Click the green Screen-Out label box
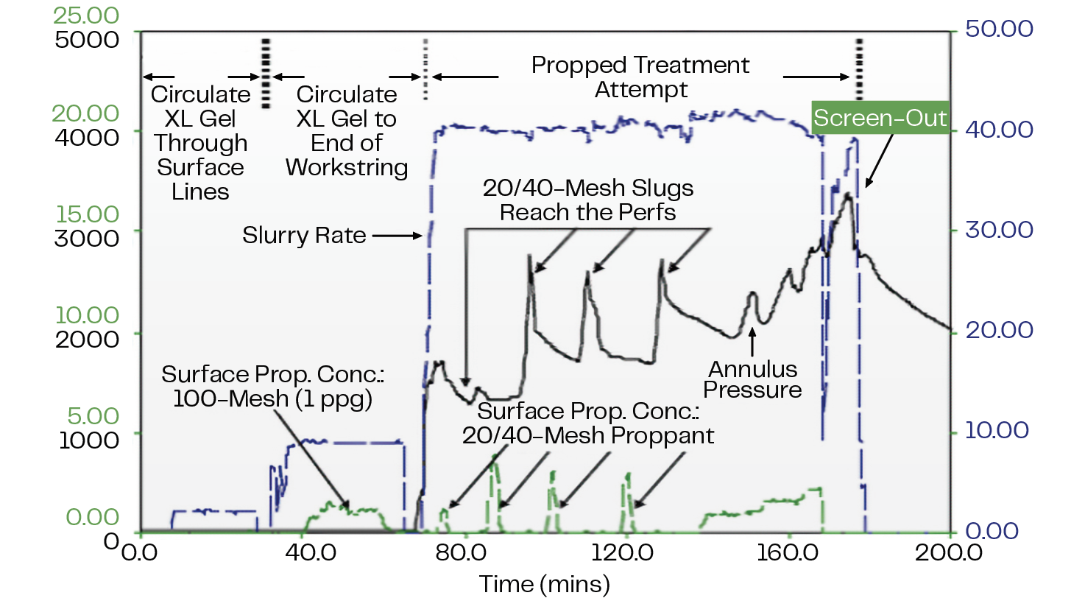tap(880, 118)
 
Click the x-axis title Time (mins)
tap(545, 584)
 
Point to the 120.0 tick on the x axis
tap(622, 552)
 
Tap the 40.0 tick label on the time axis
tap(311, 552)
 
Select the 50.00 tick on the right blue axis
tap(998, 29)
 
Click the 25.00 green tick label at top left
tap(86, 15)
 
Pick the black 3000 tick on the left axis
tap(87, 238)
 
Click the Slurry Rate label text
tap(304, 235)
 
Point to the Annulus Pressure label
tap(752, 379)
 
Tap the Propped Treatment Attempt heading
tap(640, 77)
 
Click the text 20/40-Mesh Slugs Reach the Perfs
tap(587, 200)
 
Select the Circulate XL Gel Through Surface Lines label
tap(200, 143)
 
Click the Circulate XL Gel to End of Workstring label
tap(347, 131)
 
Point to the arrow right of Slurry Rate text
tap(397, 236)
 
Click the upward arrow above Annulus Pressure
tap(752, 342)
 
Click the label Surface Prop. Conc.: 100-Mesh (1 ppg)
tap(272, 387)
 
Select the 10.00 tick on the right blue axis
tap(997, 430)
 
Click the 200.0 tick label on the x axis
tap(948, 552)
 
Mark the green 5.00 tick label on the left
tap(93, 415)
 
